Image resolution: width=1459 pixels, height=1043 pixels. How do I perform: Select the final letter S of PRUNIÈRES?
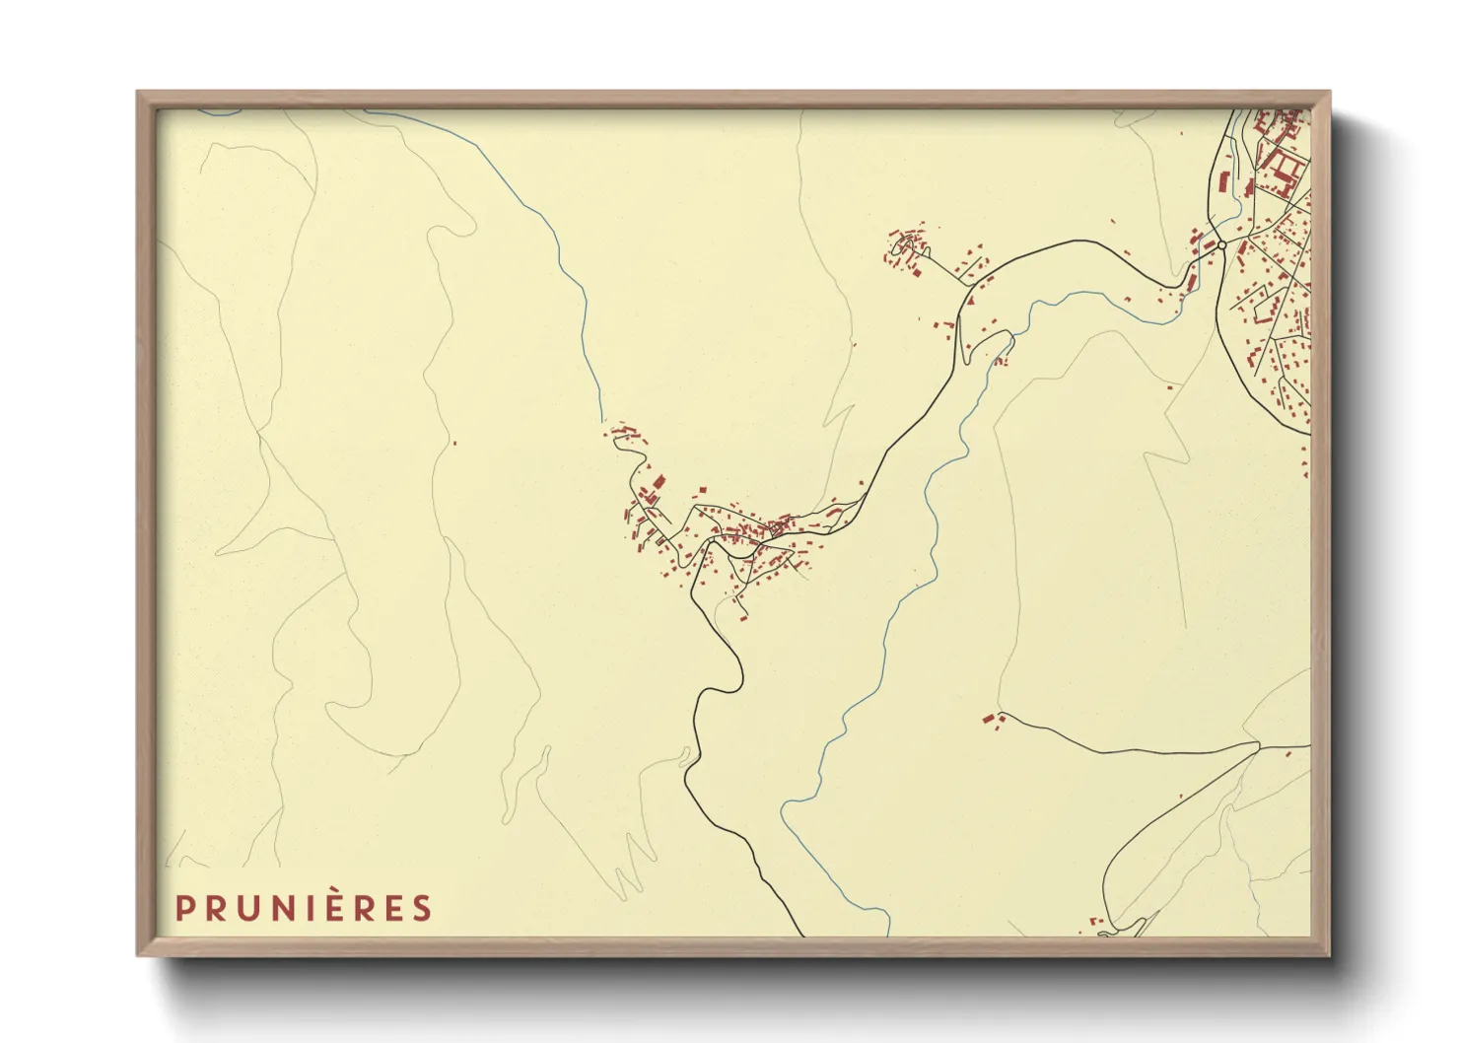coord(423,908)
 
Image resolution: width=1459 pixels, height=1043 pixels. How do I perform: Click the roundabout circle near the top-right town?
coord(1221,244)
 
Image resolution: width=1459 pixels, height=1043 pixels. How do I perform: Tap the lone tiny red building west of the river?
coord(454,444)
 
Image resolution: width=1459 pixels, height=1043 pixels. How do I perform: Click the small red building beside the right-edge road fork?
coord(1289,753)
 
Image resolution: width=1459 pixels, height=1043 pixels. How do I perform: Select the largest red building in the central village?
coord(659,481)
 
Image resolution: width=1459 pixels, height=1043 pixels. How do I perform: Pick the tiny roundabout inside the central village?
coord(775,529)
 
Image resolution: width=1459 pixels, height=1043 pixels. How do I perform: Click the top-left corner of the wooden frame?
coord(139,94)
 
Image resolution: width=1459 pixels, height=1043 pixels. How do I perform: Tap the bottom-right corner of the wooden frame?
coord(1328,953)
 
